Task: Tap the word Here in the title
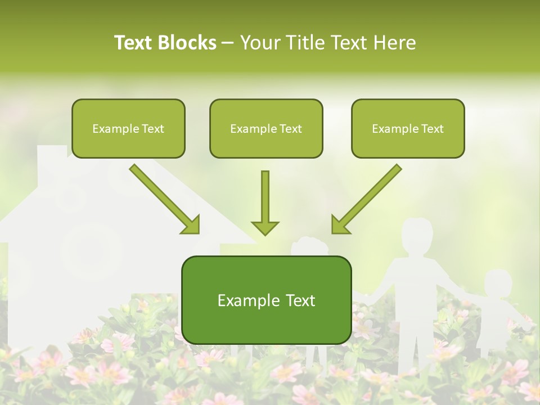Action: click(x=395, y=43)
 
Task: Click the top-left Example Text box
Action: click(x=128, y=129)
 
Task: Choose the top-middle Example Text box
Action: click(x=266, y=129)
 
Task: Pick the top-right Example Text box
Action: click(x=408, y=129)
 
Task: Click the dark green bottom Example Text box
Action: click(x=266, y=300)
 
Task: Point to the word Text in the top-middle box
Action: click(x=290, y=129)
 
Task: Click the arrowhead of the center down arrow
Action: click(x=265, y=227)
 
